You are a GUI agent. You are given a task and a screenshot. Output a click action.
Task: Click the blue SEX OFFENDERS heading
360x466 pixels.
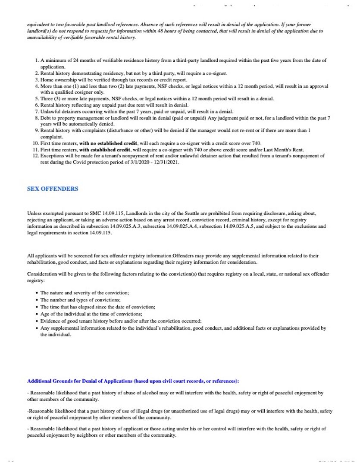pyautogui.click(x=53, y=189)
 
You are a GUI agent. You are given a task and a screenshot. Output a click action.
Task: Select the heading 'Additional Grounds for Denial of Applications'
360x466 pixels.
pyautogui.click(x=79, y=381)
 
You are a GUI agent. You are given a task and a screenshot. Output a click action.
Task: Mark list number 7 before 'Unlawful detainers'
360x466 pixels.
pyautogui.click(x=37, y=111)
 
